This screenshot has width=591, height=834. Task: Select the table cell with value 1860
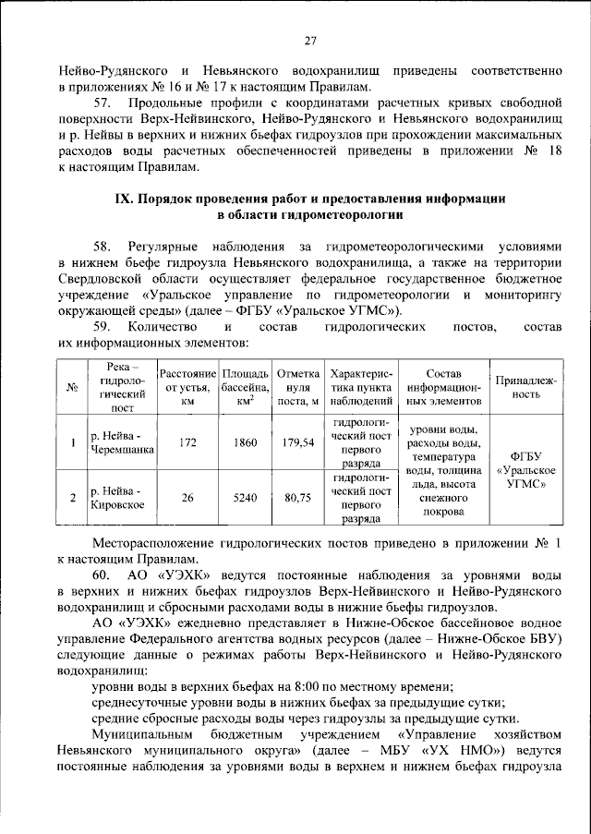point(245,442)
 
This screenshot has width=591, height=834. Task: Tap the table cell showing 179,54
point(297,442)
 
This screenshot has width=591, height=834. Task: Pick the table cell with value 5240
point(245,497)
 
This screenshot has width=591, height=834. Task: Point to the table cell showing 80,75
point(297,497)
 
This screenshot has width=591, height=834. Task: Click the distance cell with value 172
point(187,442)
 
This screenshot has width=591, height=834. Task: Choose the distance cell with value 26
point(187,497)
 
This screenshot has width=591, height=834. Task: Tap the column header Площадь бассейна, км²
point(245,387)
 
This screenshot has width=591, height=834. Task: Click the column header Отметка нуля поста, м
point(297,387)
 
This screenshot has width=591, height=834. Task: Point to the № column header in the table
point(72,387)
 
